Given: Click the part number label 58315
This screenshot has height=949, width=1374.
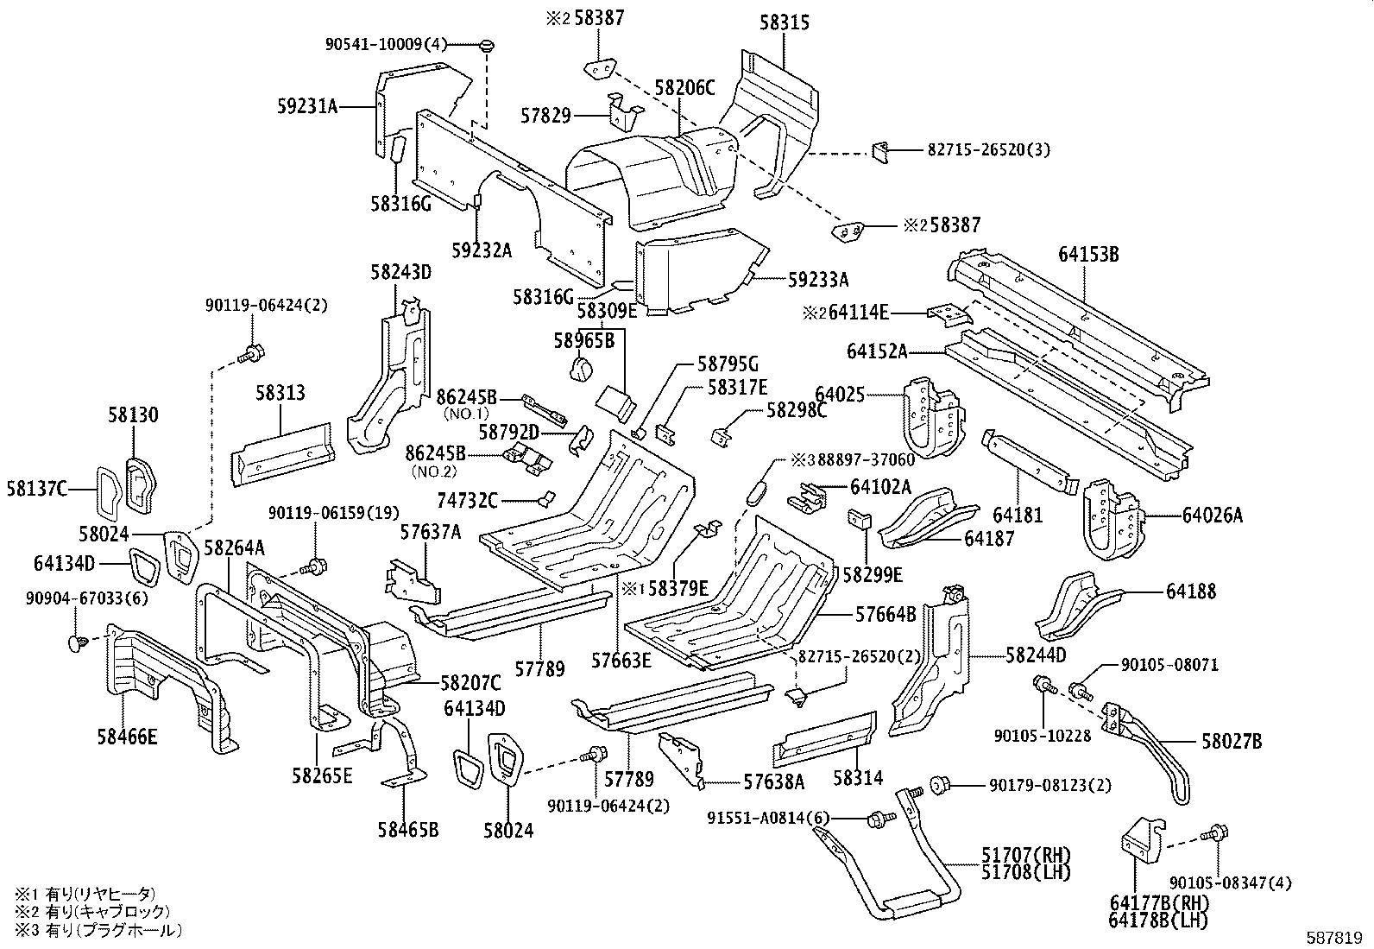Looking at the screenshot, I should (785, 22).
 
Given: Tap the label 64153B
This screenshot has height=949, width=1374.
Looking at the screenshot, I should (1088, 254).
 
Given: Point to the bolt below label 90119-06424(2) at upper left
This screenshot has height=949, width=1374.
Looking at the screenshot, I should (253, 352).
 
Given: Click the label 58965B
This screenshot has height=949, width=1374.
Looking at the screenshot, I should (584, 341).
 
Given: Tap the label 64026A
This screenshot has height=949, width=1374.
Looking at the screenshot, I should (1213, 516).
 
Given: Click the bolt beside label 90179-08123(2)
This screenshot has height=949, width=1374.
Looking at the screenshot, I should (939, 785).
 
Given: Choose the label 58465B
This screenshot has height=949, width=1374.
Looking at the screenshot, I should (407, 830).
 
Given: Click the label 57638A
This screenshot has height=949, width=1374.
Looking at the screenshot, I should (773, 781).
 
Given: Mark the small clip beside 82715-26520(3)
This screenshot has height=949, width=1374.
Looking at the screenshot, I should (879, 150).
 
